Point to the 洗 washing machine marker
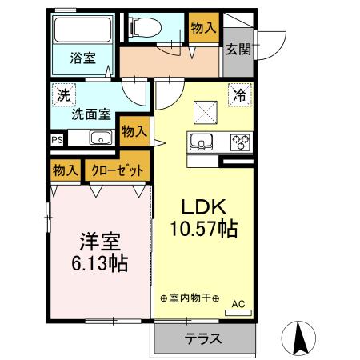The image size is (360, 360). point(62,94)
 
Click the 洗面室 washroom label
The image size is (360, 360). point(91,114)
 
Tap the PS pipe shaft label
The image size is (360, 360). point(57,138)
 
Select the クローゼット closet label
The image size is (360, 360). point(118,170)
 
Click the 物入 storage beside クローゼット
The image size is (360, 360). point(66,170)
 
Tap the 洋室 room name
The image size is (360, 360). point(98,242)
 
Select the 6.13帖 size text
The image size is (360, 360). point(98,262)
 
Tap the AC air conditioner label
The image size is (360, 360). point(238,303)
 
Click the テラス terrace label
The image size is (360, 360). point(203,338)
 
